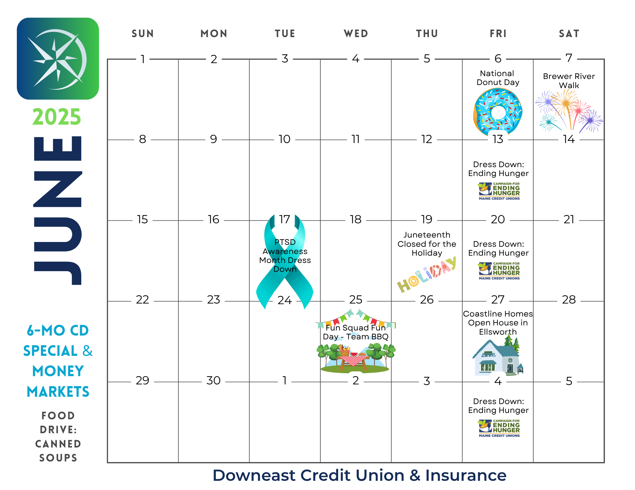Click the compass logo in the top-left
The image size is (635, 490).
tap(58, 59)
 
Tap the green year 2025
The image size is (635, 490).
tap(57, 117)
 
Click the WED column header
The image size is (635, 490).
tap(356, 34)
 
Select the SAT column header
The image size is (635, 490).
tap(569, 34)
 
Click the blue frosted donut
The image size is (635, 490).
tap(498, 111)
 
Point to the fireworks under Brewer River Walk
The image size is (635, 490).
tap(569, 111)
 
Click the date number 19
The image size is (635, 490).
tap(427, 219)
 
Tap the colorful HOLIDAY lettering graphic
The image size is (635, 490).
tap(427, 274)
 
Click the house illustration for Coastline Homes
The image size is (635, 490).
tap(498, 356)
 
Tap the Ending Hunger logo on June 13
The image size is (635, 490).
tap(499, 191)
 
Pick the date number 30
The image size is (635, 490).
tap(213, 380)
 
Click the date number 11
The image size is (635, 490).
tap(356, 139)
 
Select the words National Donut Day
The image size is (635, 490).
tap(498, 78)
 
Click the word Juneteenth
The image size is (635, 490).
tap(427, 235)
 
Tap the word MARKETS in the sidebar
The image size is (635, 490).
tap(58, 392)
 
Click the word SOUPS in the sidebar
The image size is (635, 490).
tap(58, 458)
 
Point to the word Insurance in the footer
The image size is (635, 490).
tap(466, 475)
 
